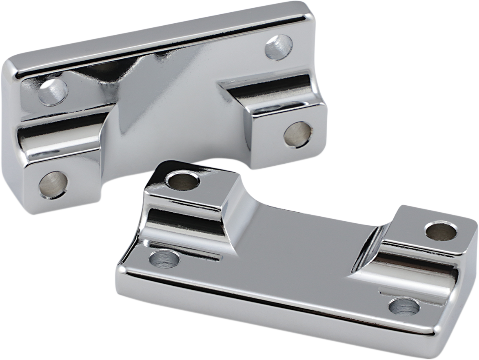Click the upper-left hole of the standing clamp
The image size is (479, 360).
pyautogui.click(x=53, y=92)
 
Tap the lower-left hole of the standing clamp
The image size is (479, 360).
pyautogui.click(x=53, y=184)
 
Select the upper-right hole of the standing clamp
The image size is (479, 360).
pyautogui.click(x=279, y=47)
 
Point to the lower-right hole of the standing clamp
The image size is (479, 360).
pyautogui.click(x=297, y=135)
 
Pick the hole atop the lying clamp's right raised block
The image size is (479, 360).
pyautogui.click(x=441, y=231)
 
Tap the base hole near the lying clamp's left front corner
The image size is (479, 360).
pyautogui.click(x=165, y=259)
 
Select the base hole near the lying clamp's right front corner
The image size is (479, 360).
pyautogui.click(x=404, y=306)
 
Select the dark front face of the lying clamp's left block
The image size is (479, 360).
pyautogui.click(x=186, y=222)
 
